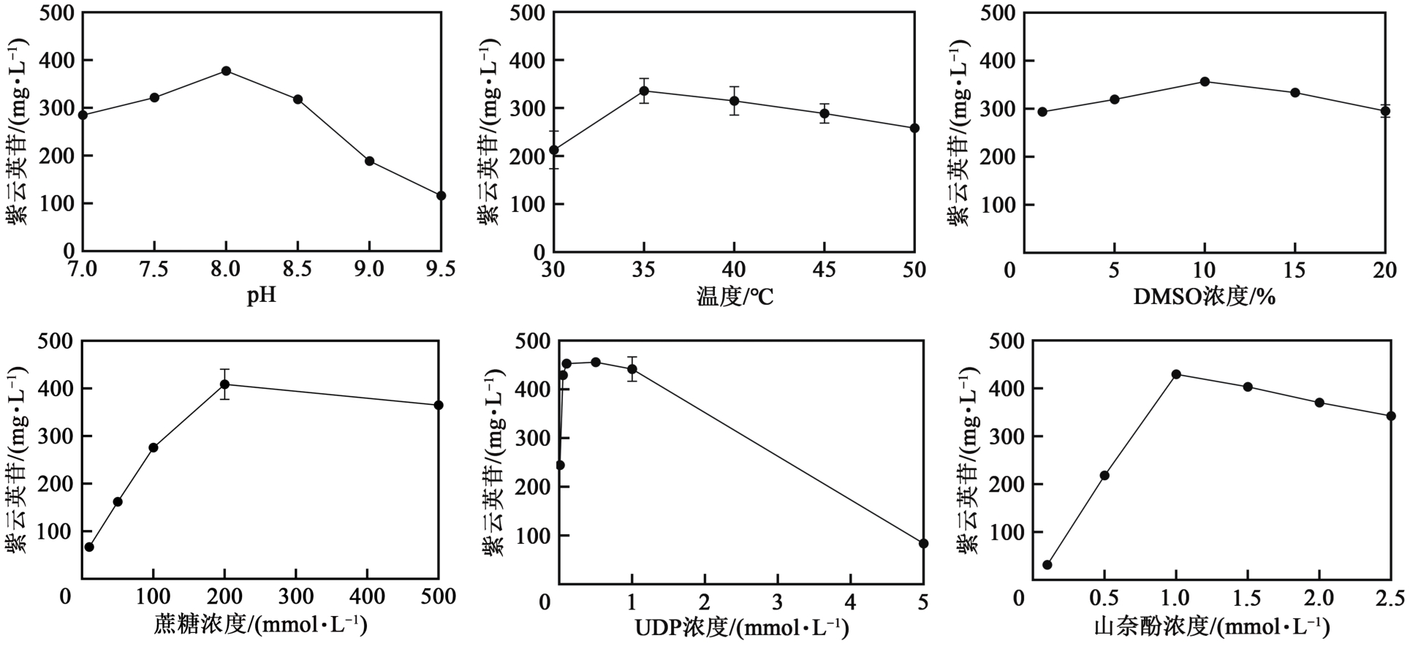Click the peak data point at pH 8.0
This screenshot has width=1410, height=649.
click(x=226, y=71)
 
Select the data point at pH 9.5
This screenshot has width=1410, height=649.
click(x=441, y=196)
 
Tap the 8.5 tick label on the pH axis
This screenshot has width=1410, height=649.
click(x=297, y=270)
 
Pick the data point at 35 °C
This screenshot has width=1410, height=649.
click(x=644, y=91)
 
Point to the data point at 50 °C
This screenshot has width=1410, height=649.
click(x=914, y=128)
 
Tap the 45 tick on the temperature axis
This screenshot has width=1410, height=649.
click(x=824, y=270)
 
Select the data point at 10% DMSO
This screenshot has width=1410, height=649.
click(x=1205, y=82)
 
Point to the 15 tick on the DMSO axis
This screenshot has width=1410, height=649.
click(x=1295, y=270)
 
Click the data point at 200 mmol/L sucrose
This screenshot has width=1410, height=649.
click(x=224, y=384)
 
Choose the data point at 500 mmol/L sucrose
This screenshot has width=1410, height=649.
click(x=439, y=405)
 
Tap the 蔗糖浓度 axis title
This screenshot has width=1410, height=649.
click(x=260, y=626)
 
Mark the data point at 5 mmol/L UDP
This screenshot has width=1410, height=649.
click(x=923, y=543)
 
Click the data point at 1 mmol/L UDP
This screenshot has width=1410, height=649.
click(x=632, y=369)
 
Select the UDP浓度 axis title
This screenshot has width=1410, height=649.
click(x=741, y=627)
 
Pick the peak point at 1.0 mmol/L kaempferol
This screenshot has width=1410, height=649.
click(x=1176, y=374)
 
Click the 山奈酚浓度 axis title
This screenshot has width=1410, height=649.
click(x=1211, y=627)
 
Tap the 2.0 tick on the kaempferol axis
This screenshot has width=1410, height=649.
click(x=1319, y=599)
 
